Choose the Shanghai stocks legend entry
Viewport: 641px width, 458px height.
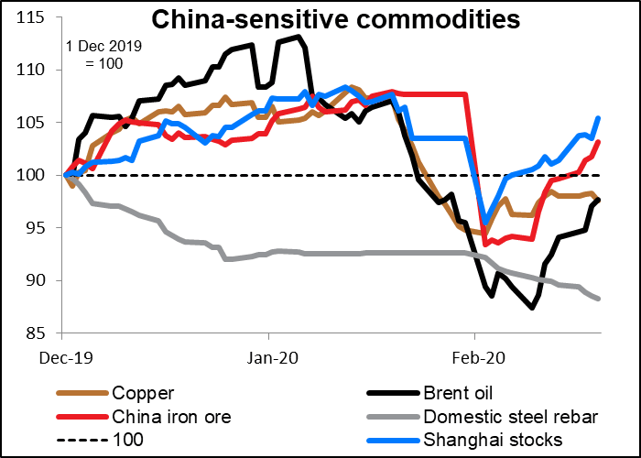coord(476,441)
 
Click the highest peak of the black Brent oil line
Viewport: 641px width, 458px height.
coord(299,37)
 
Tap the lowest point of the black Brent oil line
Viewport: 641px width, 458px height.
coord(532,308)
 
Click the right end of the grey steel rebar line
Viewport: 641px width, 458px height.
coord(599,299)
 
